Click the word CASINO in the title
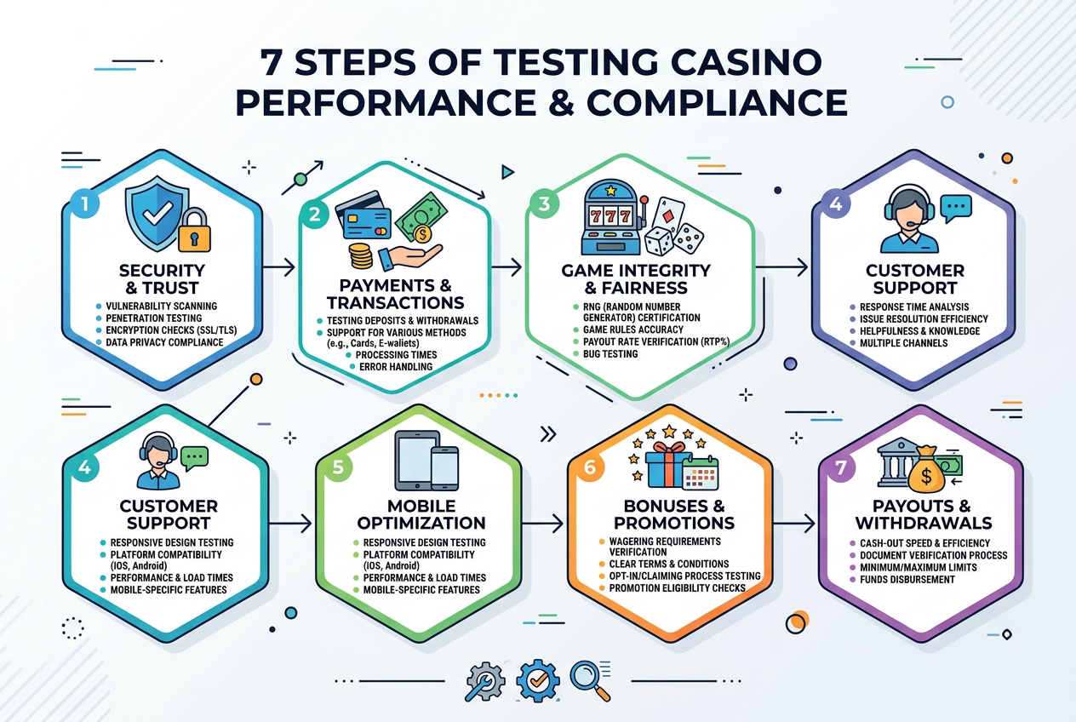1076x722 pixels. click(x=740, y=62)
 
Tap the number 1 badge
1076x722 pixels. click(x=85, y=204)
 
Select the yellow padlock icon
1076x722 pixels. click(x=195, y=230)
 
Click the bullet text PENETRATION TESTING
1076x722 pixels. click(x=154, y=318)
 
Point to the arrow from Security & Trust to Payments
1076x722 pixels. click(x=278, y=267)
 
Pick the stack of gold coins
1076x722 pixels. click(x=360, y=255)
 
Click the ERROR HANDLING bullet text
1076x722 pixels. click(x=396, y=367)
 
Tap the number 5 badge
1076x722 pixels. click(x=338, y=467)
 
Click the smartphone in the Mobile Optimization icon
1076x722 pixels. click(x=444, y=468)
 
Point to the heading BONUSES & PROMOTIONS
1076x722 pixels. click(x=674, y=514)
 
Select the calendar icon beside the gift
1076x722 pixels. click(x=701, y=473)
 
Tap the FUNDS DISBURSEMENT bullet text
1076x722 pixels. click(x=907, y=580)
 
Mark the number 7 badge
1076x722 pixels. click(x=841, y=467)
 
